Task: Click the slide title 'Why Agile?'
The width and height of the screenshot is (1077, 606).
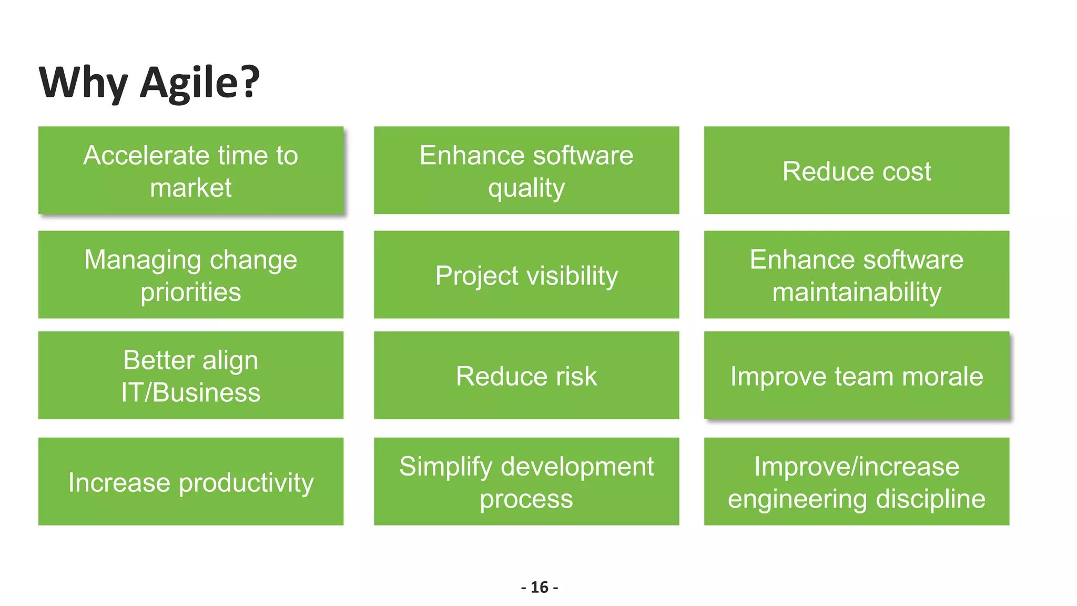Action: (x=149, y=83)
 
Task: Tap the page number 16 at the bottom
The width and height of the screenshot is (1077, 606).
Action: (x=539, y=587)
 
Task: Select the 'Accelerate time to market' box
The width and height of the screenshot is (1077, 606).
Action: (x=191, y=170)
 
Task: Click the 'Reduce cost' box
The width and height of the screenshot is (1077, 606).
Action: (x=856, y=170)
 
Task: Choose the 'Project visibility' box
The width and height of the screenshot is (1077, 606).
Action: (x=526, y=275)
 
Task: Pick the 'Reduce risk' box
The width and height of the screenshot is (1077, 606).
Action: (x=526, y=376)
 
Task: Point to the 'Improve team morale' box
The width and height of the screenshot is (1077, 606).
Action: (x=856, y=376)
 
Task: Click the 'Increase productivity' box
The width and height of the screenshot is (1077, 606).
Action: (x=191, y=482)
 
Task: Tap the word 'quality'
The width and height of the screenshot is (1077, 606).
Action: (x=526, y=188)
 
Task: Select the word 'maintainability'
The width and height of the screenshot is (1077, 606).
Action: (x=857, y=292)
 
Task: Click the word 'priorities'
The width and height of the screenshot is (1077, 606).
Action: (x=191, y=292)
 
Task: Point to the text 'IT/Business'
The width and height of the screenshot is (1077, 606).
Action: (x=191, y=392)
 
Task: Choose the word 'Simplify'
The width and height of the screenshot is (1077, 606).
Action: (x=445, y=467)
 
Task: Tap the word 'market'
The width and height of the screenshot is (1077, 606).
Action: (x=191, y=188)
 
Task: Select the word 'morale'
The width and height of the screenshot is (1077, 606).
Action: (x=942, y=376)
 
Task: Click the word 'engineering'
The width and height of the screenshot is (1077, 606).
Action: (x=797, y=500)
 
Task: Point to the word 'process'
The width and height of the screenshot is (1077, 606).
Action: (x=526, y=500)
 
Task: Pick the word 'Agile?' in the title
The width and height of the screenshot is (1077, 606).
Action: (x=200, y=83)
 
